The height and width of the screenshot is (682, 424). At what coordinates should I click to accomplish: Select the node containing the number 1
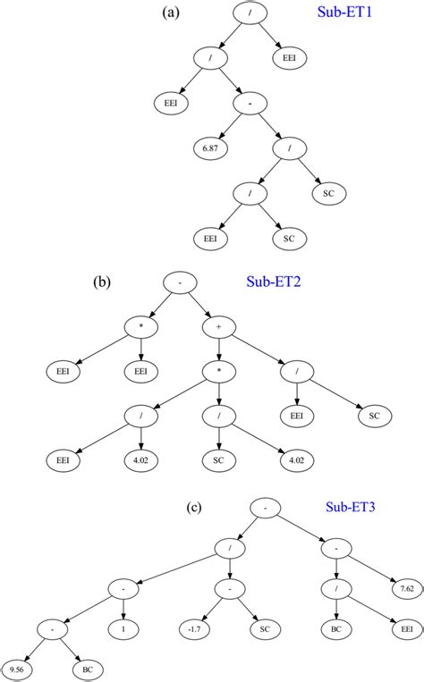pyautogui.click(x=121, y=628)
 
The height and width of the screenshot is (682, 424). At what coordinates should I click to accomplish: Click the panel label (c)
pyautogui.click(x=194, y=507)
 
